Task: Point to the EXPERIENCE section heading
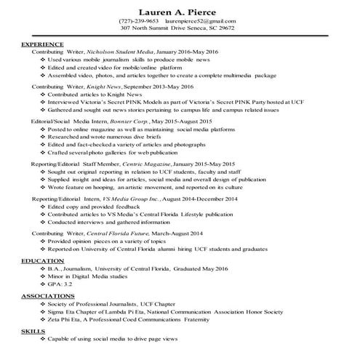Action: tap(42, 45)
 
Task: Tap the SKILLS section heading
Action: tap(32, 331)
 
